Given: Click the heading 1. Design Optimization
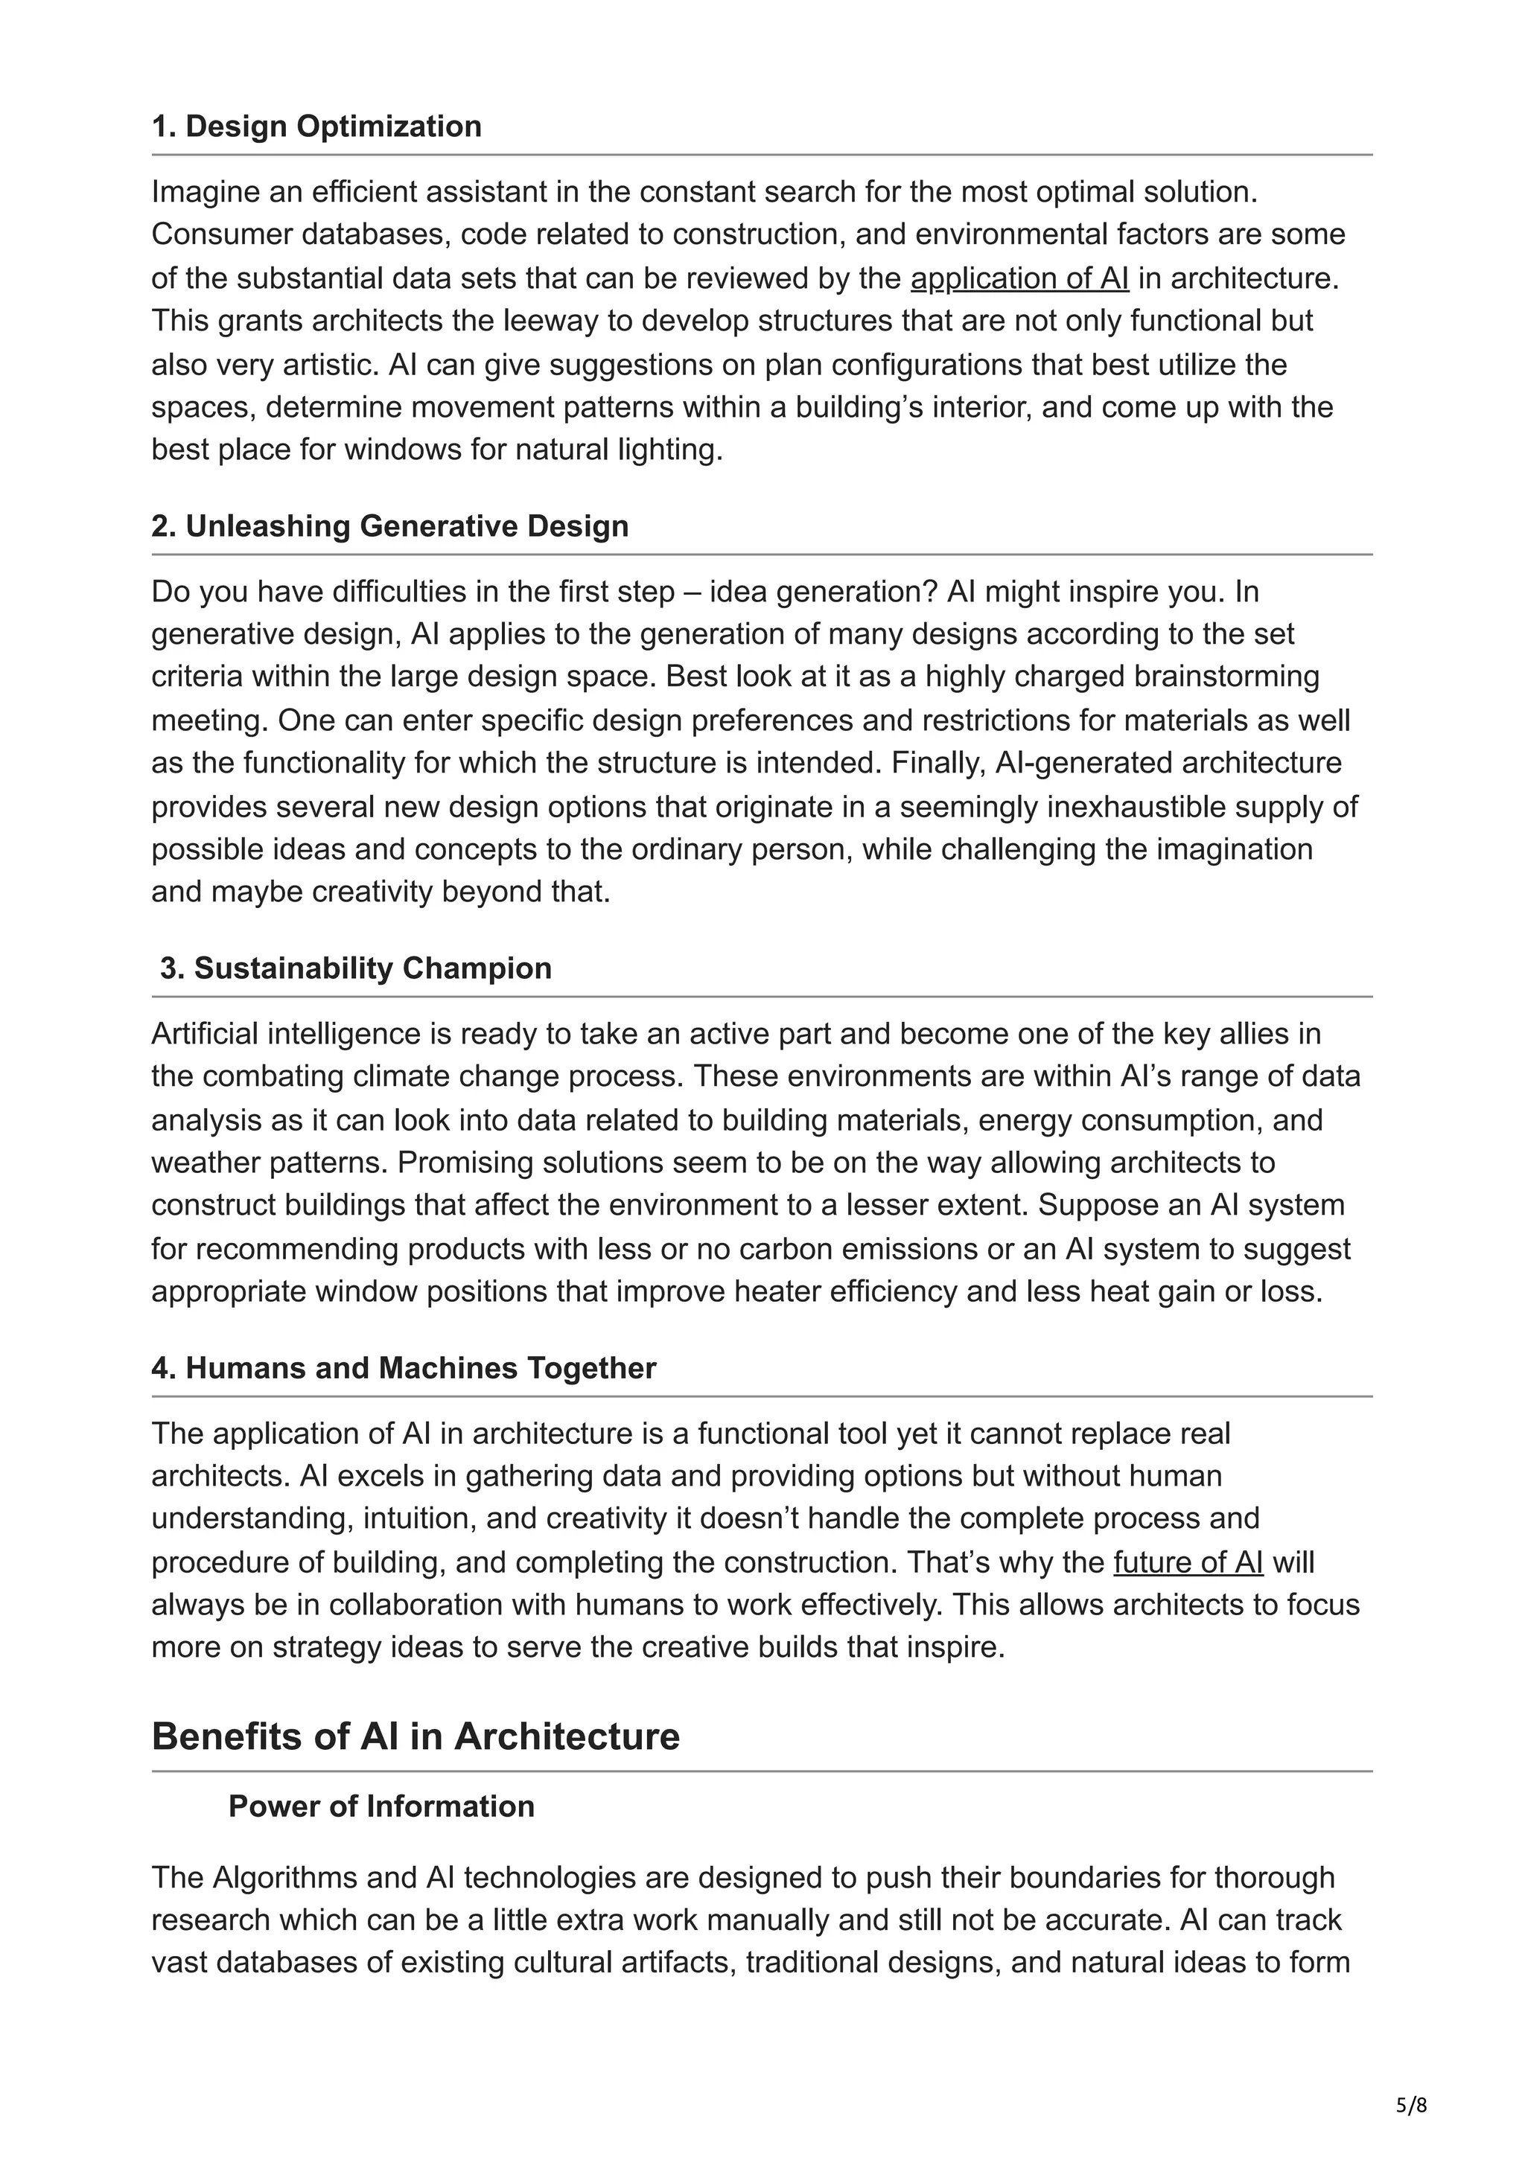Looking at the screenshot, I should (316, 127).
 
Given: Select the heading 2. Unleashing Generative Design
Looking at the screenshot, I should (390, 526).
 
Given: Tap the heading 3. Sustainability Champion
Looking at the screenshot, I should (355, 968).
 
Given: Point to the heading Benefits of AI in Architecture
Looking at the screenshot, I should (416, 1737).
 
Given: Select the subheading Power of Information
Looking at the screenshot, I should (381, 1806).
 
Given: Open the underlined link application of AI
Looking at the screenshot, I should (1019, 279).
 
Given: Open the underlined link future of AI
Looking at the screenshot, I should (1188, 1562).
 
